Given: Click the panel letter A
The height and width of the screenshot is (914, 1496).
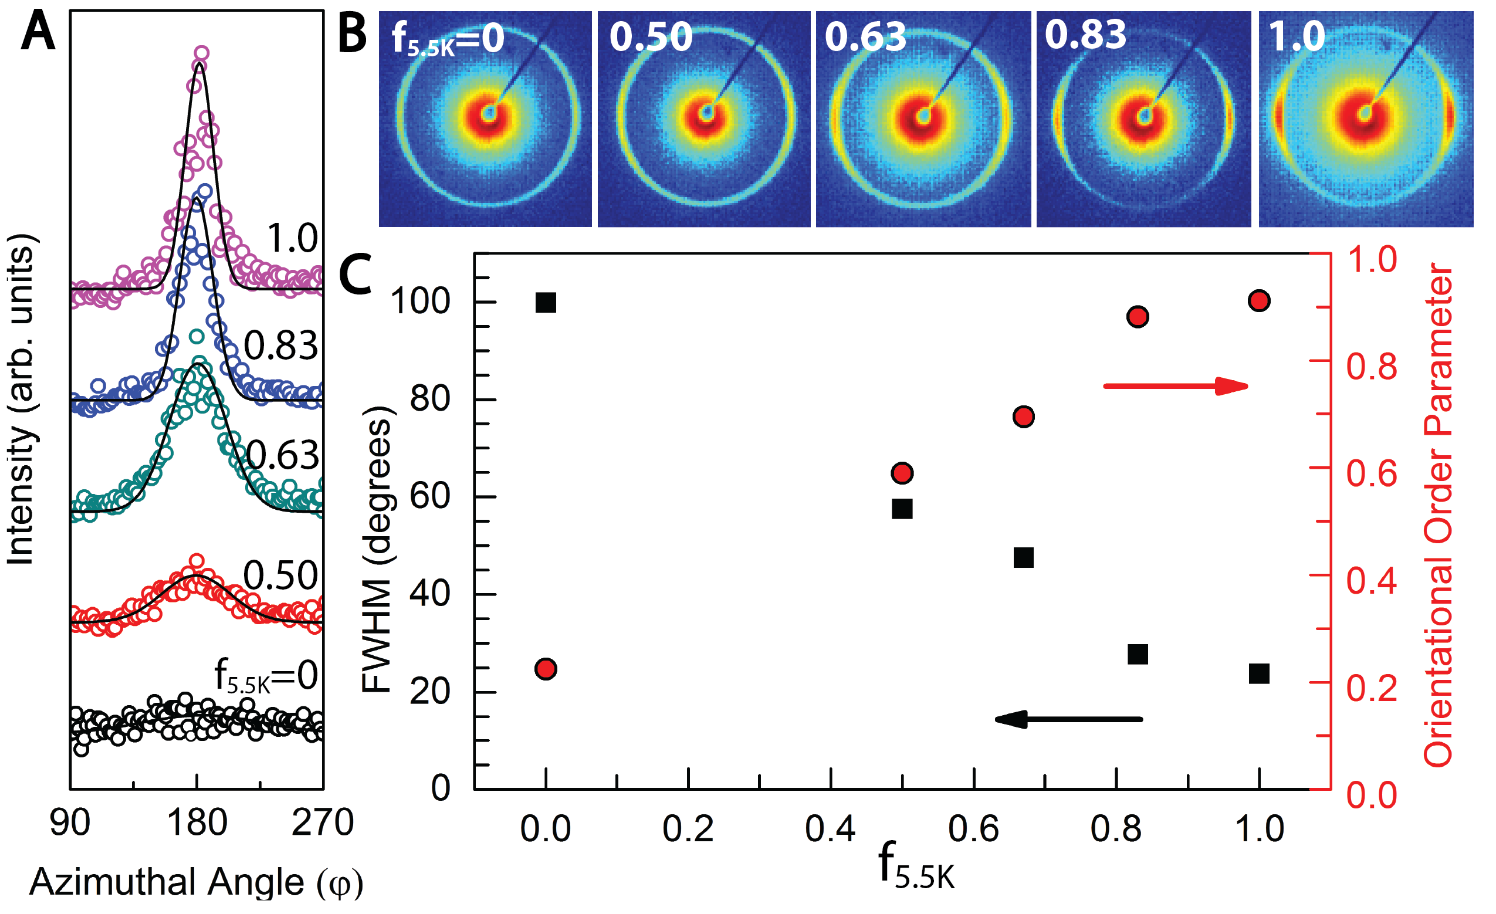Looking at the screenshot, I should (x=38, y=32).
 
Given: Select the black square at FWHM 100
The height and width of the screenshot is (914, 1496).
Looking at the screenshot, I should (x=546, y=303).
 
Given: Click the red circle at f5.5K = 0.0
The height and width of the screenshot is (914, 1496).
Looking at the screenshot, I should (x=546, y=669).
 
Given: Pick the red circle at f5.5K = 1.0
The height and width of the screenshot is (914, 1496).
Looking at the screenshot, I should (x=1259, y=300).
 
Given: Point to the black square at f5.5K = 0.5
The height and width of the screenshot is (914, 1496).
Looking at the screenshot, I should (x=902, y=509).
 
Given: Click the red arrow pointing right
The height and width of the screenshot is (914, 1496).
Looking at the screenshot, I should (x=1176, y=385).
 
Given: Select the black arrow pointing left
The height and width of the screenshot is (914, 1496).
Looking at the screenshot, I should (x=1068, y=719).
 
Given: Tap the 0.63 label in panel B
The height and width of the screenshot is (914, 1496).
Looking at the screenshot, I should (x=865, y=36).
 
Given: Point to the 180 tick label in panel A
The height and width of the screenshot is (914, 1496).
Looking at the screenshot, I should (x=198, y=824).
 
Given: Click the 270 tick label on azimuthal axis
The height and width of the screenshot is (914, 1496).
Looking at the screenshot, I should (x=323, y=824).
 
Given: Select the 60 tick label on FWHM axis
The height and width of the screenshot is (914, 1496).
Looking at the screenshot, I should (x=430, y=496).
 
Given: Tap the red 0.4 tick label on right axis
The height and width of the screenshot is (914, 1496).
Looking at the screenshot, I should (x=1372, y=581).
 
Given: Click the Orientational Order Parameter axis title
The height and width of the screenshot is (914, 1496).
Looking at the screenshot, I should (x=1440, y=516).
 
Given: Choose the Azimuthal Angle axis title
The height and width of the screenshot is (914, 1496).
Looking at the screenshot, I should (x=196, y=882).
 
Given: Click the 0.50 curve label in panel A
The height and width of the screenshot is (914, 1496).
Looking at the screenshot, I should (x=280, y=574).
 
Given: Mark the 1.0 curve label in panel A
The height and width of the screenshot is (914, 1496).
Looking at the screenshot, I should (x=292, y=238).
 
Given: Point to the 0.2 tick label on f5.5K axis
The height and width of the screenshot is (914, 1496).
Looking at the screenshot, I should (x=688, y=830).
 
